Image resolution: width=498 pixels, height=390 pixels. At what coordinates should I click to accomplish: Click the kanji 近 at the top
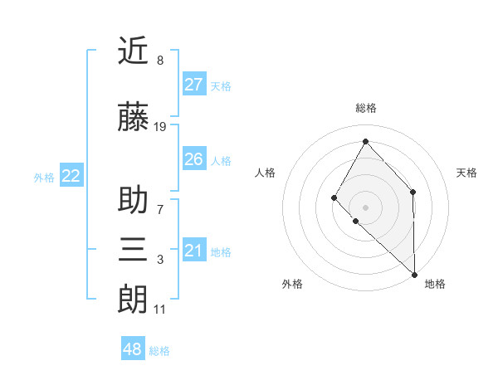coord(133,51)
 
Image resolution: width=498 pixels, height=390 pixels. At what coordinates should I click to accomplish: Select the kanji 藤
coord(133,118)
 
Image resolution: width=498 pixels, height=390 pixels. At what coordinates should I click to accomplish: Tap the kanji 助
coord(133,201)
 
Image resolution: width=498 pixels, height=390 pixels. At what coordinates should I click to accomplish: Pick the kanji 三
coord(133,249)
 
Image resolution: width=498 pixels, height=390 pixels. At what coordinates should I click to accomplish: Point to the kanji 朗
coord(133,299)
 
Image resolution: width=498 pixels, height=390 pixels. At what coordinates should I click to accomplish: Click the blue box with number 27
coord(193,85)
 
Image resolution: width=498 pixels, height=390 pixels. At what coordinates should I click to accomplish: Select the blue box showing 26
coord(193,159)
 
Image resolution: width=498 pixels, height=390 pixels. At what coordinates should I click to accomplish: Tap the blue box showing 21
coord(193,251)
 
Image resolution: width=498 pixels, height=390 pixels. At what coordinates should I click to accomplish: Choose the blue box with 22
coord(71,176)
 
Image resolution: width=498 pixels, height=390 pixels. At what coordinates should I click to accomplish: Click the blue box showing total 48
coord(132,349)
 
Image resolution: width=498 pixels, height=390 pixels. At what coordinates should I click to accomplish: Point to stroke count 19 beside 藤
coord(160,127)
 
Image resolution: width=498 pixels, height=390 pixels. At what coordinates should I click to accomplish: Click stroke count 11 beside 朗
coord(159,310)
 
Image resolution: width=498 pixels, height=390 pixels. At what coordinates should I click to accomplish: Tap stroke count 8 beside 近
coord(159,61)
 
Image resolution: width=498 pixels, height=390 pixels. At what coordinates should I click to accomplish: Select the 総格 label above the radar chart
coord(365,108)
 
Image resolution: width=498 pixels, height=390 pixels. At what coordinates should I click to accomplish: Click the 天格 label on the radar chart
coord(466,173)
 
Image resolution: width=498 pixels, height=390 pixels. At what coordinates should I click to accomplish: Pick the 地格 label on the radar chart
coord(435,284)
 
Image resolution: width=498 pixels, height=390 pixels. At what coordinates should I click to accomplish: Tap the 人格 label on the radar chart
coord(266,173)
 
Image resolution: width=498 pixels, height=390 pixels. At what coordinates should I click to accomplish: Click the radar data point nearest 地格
coord(414,274)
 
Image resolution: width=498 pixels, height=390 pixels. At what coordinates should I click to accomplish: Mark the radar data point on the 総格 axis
coord(365,140)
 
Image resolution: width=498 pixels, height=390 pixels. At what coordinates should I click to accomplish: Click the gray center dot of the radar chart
coord(365,207)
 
